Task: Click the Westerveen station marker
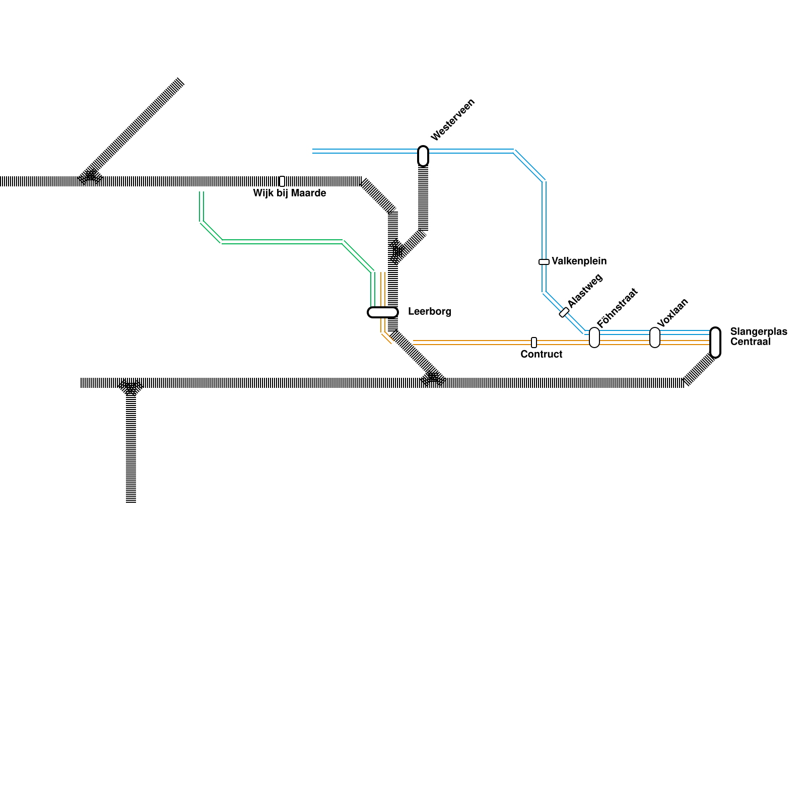point(423,156)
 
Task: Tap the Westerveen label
point(453,120)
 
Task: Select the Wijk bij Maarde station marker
point(282,181)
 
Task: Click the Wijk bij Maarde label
point(290,193)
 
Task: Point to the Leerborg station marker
point(383,312)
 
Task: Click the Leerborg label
point(430,312)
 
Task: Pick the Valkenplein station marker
point(544,262)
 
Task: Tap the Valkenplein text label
point(579,261)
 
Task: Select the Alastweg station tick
point(564,312)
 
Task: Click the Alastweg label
point(585,290)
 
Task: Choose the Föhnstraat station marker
point(594,338)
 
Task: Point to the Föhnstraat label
point(617,308)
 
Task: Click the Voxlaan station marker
point(655,338)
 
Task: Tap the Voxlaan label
point(673,313)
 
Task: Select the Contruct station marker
point(534,343)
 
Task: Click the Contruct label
point(542,355)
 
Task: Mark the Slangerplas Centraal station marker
point(715,343)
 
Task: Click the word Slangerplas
point(758,332)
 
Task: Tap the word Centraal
point(750,342)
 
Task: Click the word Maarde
point(309,193)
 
